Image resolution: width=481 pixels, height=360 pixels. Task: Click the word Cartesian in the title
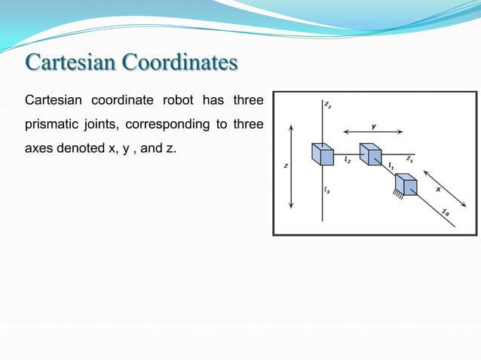[69, 63]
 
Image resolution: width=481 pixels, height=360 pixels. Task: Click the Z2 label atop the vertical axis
[327, 105]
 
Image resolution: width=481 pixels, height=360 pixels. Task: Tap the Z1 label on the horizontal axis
[409, 159]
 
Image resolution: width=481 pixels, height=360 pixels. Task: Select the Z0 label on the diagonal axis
[446, 212]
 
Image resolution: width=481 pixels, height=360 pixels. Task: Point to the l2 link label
[347, 160]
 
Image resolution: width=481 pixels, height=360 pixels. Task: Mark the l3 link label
[326, 191]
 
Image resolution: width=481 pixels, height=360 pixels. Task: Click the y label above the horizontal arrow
[374, 127]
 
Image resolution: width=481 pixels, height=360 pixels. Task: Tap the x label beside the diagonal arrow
[438, 189]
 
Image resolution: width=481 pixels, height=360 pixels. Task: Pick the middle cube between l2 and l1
[369, 154]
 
